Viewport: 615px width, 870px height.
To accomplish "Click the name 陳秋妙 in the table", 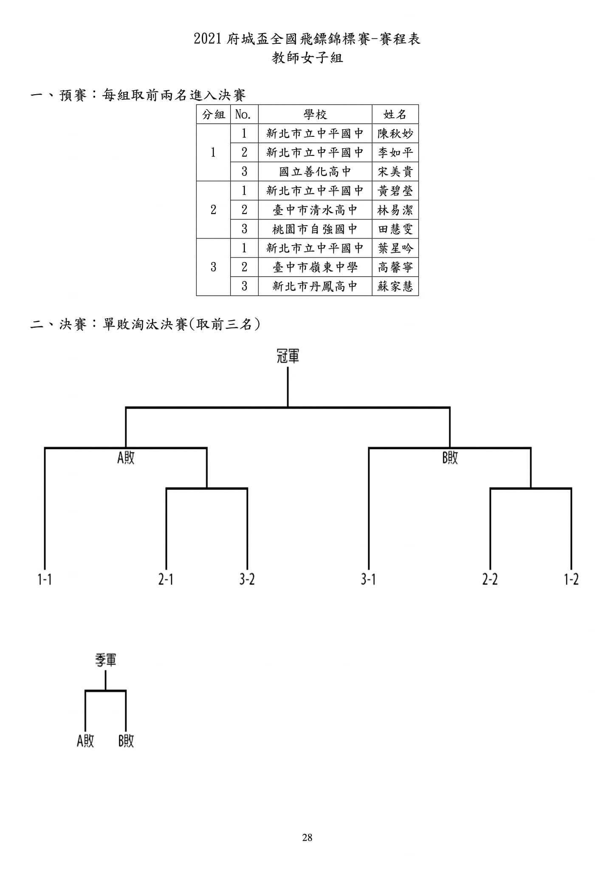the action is (x=395, y=133).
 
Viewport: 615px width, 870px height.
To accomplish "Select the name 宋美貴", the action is (x=395, y=172).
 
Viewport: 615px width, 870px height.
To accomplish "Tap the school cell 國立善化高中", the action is (x=315, y=172).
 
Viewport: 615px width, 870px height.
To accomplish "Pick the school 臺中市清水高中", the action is (x=315, y=210).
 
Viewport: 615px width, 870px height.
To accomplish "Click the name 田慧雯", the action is (x=395, y=229).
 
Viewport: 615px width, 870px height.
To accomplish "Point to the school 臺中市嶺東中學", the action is (x=315, y=267).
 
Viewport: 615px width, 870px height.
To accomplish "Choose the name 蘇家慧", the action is (x=395, y=286).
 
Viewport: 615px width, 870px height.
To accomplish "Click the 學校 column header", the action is (x=315, y=114).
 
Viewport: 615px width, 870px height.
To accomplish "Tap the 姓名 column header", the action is (x=395, y=114).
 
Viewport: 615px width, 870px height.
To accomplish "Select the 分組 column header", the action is (x=213, y=114).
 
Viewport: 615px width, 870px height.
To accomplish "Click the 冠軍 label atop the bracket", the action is (x=288, y=356).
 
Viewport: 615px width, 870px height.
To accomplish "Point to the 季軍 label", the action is (x=105, y=660).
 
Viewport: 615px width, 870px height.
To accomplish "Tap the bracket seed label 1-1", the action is (x=45, y=579).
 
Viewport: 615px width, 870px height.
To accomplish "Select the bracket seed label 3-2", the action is (x=247, y=579).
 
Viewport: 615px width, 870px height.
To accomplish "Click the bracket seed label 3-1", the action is (x=368, y=579).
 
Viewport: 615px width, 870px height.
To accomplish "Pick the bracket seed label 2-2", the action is (x=490, y=579).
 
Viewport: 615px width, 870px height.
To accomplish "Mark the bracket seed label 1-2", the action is (x=571, y=579).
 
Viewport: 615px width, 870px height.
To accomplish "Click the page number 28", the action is (x=307, y=838).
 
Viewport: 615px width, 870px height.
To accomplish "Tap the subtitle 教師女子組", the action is (x=307, y=58).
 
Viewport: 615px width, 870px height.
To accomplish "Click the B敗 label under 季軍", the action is (x=126, y=741).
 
